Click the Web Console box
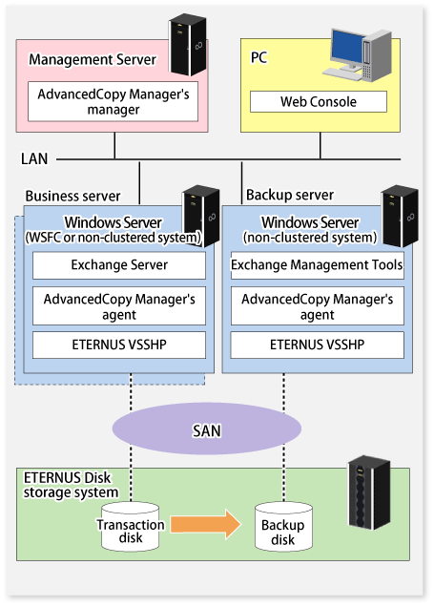pyautogui.click(x=319, y=102)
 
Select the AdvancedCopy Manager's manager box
pyautogui.click(x=113, y=101)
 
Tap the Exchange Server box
pyautogui.click(x=119, y=265)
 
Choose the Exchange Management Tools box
pyautogui.click(x=318, y=265)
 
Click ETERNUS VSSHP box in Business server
pyautogui.click(x=119, y=345)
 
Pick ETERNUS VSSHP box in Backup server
pyautogui.click(x=318, y=345)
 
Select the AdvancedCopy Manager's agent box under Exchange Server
pyautogui.click(x=119, y=305)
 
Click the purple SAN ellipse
pyautogui.click(x=207, y=429)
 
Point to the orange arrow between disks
pyautogui.click(x=206, y=524)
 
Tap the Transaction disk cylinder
pyautogui.click(x=131, y=527)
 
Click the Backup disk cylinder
pyautogui.click(x=283, y=527)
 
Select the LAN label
pyautogui.click(x=34, y=158)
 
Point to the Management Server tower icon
pyautogui.click(x=188, y=45)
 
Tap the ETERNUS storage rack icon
pyautogui.click(x=369, y=492)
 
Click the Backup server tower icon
pyautogui.click(x=400, y=216)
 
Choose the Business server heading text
pyautogui.click(x=72, y=197)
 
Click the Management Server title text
pyautogui.click(x=93, y=59)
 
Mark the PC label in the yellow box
pyautogui.click(x=258, y=57)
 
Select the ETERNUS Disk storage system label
pyautogui.click(x=71, y=485)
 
